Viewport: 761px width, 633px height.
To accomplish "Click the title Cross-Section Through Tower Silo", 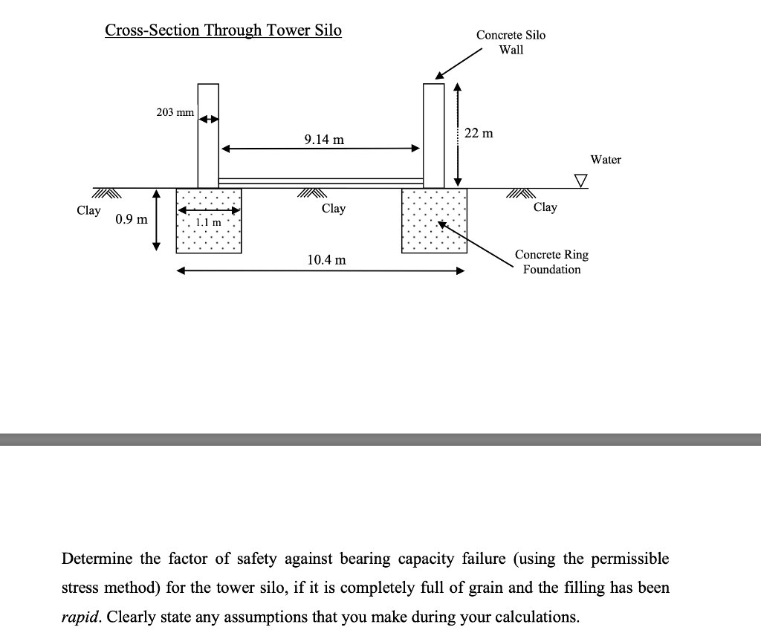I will (223, 30).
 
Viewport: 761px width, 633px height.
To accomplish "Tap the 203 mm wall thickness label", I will (175, 112).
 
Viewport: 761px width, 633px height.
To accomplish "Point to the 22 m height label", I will (478, 134).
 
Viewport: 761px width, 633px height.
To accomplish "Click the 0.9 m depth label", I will (132, 220).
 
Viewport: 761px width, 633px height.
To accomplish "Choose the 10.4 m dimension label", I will (326, 260).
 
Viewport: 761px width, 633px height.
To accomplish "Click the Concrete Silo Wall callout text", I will (511, 42).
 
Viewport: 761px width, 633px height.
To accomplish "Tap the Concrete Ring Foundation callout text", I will (551, 262).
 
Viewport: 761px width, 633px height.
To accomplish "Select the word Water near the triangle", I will (606, 160).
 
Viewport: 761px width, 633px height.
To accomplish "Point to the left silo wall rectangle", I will (208, 135).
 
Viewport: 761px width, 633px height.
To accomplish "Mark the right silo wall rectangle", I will (433, 135).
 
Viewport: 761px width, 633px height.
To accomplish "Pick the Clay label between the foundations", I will (334, 209).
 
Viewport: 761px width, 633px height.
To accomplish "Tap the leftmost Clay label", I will (88, 210).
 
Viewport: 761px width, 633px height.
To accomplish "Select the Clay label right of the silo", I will (545, 207).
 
